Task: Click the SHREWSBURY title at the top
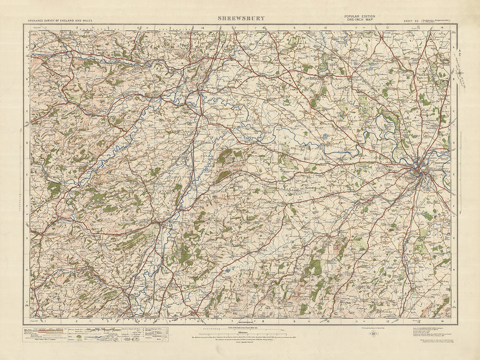pyautogui.click(x=240, y=18)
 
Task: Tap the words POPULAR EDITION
pyautogui.click(x=359, y=16)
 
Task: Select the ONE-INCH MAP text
pyautogui.click(x=359, y=20)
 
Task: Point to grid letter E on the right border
pyautogui.click(x=453, y=174)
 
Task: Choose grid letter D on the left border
pyautogui.click(x=27, y=143)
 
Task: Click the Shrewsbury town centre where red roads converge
pyautogui.click(x=419, y=172)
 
